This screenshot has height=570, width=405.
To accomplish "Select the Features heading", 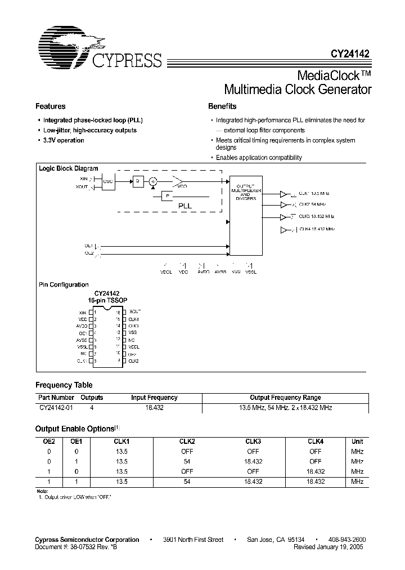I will [x=51, y=106].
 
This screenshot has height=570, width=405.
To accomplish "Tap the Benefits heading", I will [x=222, y=106].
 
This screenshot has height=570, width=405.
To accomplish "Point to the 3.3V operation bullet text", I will [x=64, y=140].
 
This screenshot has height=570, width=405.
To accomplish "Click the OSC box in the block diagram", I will [x=108, y=181].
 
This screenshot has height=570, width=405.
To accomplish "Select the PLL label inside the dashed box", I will [x=185, y=206].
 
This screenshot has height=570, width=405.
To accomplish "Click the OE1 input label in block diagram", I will [x=89, y=246].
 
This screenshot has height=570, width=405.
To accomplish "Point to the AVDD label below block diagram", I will [x=204, y=271].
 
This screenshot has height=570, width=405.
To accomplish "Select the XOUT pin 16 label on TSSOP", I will [x=134, y=311].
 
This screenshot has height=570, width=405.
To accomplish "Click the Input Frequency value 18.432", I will [x=154, y=407].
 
